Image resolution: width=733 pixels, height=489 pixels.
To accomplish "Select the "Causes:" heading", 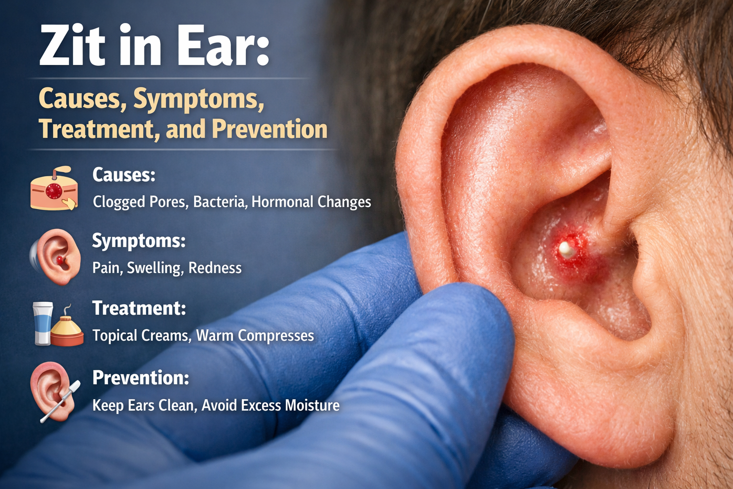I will pos(124,175).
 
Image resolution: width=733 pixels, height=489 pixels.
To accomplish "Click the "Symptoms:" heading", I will pos(138,241).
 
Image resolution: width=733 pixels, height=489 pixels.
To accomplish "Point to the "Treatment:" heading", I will pos(139,308).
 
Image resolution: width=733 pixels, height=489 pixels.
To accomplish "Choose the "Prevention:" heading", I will pos(140,378).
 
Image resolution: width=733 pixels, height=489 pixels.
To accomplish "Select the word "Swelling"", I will pos(155,268).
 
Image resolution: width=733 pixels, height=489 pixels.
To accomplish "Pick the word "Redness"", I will pos(215,268).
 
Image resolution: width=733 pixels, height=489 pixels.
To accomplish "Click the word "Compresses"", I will pos(276,336).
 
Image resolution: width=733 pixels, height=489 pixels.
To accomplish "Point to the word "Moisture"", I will pos(312,405).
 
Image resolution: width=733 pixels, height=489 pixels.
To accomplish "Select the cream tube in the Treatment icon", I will pos(42,323).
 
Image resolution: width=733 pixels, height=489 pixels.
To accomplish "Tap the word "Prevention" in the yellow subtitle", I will pos(270,129).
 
